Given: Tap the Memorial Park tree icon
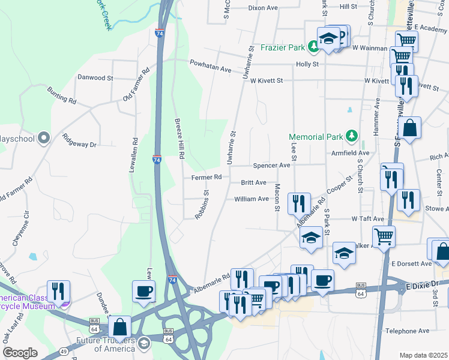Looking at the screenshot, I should click(352, 137).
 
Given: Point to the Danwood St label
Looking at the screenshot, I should click(95, 77).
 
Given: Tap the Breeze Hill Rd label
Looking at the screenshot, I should click(179, 139).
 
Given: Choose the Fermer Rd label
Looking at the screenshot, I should click(206, 177).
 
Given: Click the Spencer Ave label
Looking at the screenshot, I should click(271, 165).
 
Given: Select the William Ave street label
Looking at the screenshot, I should click(252, 199).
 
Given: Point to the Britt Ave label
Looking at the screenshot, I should click(253, 182).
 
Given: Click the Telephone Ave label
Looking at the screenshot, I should click(408, 331).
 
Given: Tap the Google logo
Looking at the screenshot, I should click(20, 353).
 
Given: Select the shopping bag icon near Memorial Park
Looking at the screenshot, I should click(409, 128).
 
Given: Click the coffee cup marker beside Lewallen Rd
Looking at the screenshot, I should click(143, 292).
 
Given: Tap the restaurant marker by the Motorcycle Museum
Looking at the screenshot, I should click(58, 292).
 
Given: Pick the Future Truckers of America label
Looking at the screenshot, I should click(103, 344).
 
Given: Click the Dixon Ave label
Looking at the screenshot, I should click(263, 8).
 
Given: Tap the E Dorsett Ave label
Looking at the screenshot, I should click(411, 263).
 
